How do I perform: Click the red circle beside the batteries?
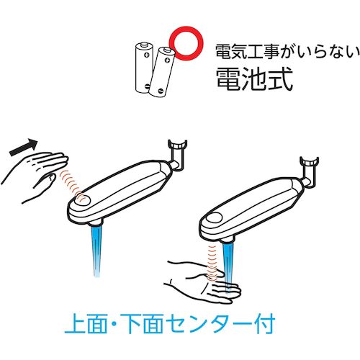click(x=186, y=28)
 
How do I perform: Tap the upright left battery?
click(x=144, y=68)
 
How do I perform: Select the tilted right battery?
click(x=161, y=72)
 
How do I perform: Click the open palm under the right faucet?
click(x=204, y=281)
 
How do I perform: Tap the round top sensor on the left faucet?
click(x=82, y=199)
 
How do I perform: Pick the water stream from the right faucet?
click(x=228, y=266)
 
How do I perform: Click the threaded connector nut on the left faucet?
click(x=178, y=145)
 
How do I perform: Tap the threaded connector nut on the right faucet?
click(x=309, y=162)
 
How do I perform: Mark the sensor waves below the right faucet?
click(x=212, y=262)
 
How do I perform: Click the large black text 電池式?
click(x=254, y=78)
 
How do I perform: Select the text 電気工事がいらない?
click(x=287, y=52)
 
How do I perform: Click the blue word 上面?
click(x=86, y=323)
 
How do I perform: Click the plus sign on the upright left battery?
click(x=146, y=55)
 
